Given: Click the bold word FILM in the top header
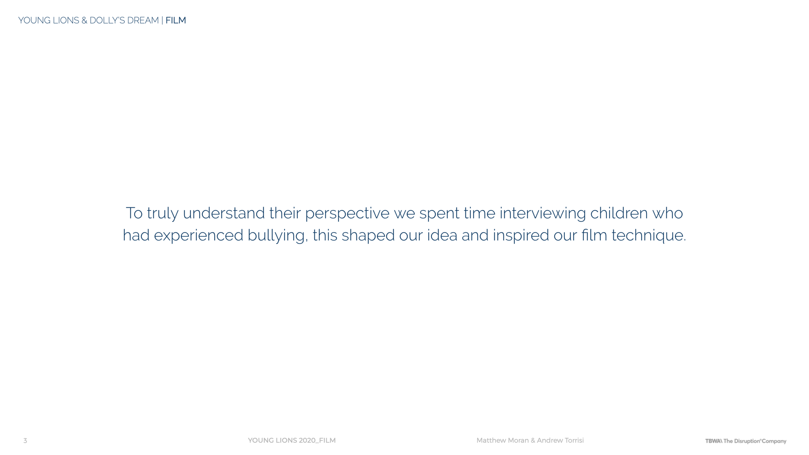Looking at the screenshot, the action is tap(176, 20).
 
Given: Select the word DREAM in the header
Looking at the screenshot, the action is tap(143, 20).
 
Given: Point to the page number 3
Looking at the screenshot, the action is tap(25, 440).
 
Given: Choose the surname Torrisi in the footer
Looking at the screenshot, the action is tap(574, 440).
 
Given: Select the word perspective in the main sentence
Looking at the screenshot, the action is tap(347, 214).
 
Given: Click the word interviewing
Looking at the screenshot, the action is tap(543, 214).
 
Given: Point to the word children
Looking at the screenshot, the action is tap(619, 213).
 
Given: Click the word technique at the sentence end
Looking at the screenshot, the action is tap(648, 236).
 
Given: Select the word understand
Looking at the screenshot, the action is tap(224, 213).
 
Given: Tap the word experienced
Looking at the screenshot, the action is tap(198, 236).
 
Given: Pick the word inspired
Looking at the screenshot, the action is tap(521, 236).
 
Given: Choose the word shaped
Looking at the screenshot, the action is tap(368, 236).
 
